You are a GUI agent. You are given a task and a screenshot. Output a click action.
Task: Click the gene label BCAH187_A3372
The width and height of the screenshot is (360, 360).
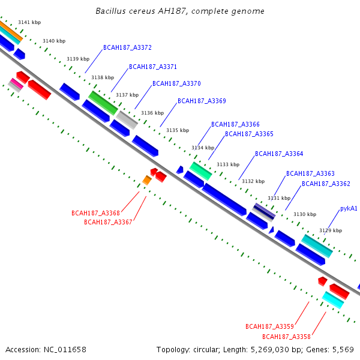[x=127, y=47]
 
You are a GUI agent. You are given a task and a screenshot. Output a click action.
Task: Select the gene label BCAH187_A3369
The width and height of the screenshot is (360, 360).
[x=202, y=101]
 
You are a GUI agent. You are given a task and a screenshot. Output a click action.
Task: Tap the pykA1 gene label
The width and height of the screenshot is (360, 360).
[x=349, y=208]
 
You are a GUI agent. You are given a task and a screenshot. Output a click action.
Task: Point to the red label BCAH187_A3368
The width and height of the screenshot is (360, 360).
[x=96, y=213]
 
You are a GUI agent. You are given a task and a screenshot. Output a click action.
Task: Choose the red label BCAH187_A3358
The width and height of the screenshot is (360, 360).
[x=286, y=337]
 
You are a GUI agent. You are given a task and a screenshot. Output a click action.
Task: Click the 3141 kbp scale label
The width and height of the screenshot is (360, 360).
[x=29, y=22]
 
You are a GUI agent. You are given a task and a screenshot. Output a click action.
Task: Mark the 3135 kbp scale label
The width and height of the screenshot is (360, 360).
[x=178, y=130]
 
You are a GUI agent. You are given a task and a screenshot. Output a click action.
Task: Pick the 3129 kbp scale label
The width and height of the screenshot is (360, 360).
[x=331, y=230]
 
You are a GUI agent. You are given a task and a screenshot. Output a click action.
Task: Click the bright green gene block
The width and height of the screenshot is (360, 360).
[x=103, y=103]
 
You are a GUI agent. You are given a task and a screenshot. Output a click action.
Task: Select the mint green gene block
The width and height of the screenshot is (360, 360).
[x=200, y=171]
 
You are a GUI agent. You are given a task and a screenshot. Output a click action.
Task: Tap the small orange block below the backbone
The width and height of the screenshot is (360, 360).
[x=147, y=180]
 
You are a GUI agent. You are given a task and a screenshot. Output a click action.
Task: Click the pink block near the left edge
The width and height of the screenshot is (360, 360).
[x=17, y=83]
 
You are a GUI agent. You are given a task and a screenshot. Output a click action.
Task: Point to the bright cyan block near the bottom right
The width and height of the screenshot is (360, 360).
[x=333, y=300]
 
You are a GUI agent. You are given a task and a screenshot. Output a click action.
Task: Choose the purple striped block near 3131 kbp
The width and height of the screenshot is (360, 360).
[x=264, y=211]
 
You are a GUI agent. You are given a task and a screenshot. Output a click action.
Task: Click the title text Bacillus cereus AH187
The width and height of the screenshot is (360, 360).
[x=140, y=11]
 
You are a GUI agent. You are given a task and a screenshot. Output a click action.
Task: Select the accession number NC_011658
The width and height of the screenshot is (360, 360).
[x=65, y=350]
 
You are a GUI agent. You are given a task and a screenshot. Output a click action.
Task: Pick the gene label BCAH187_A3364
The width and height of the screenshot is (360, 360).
[x=279, y=154]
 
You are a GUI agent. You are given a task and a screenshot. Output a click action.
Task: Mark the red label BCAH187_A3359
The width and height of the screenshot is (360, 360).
[x=269, y=326]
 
